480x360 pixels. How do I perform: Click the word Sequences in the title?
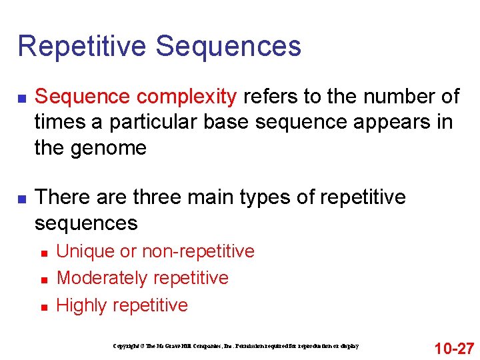(229, 47)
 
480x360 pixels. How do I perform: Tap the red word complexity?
(186, 97)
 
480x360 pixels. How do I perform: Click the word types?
(284, 197)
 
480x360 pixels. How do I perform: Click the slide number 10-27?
(453, 348)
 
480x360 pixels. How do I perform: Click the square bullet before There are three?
(22, 199)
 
